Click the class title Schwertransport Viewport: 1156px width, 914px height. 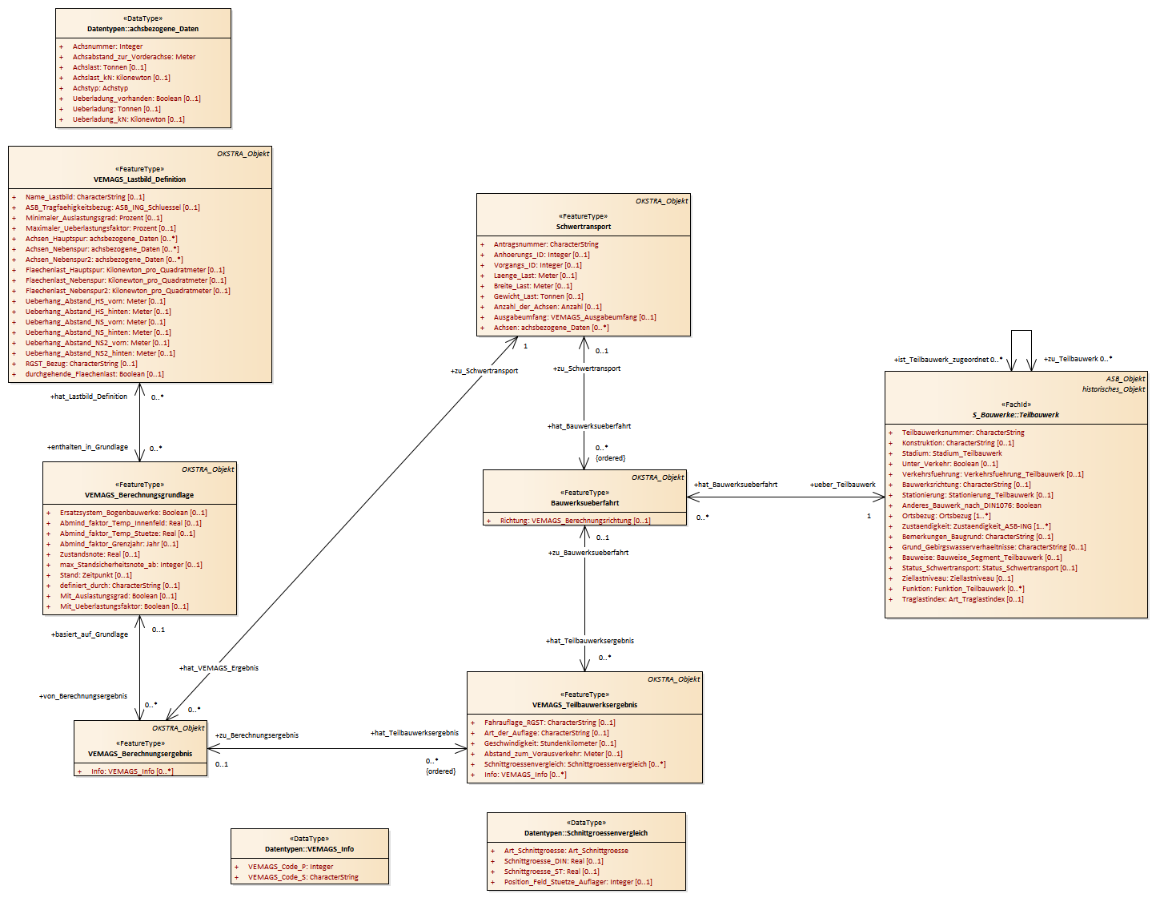point(583,227)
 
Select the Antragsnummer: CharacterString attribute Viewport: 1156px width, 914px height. point(545,244)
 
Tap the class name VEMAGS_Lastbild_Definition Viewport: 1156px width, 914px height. point(139,179)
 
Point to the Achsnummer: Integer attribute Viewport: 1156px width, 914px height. point(107,46)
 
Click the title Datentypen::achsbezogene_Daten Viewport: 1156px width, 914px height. point(142,29)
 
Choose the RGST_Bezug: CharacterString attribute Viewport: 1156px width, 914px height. point(81,364)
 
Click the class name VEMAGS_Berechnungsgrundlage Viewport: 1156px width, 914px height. point(139,495)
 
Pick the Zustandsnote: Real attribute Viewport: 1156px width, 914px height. point(99,554)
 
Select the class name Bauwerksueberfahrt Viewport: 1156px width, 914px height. point(584,503)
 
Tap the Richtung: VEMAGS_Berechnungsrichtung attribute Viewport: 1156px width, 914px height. point(575,521)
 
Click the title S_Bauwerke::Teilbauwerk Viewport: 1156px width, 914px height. point(1015,415)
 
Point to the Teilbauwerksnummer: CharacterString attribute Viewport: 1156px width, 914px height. point(962,433)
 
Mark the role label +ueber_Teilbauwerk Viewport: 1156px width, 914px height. point(842,485)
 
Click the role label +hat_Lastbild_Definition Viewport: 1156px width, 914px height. point(89,397)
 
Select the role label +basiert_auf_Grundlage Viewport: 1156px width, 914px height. point(90,634)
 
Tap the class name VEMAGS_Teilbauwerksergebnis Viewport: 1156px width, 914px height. point(584,705)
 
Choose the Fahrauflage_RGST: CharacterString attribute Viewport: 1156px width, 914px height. point(549,723)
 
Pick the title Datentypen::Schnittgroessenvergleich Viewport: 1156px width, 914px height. point(586,833)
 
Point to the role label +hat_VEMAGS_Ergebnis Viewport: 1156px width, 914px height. point(219,668)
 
